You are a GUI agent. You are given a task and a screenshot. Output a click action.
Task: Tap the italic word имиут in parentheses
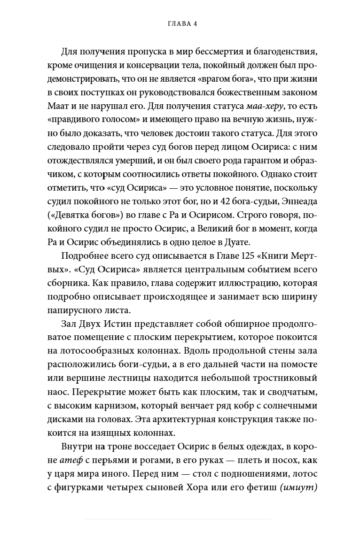pyautogui.click(x=298, y=486)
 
